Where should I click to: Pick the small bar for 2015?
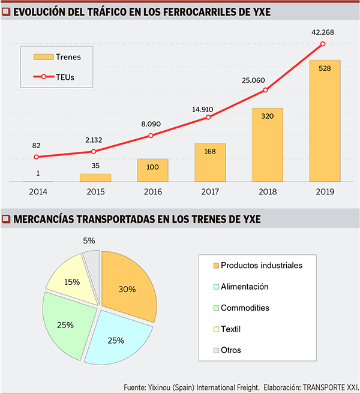pyautogui.click(x=95, y=178)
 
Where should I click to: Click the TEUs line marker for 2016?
pyautogui.click(x=151, y=136)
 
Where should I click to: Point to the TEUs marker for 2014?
pyautogui.click(x=37, y=157)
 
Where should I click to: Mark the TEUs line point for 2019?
pyautogui.click(x=323, y=44)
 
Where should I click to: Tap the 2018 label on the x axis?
pyautogui.click(x=267, y=191)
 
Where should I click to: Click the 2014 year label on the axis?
pyautogui.click(x=37, y=191)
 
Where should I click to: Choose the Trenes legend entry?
pyautogui.click(x=57, y=57)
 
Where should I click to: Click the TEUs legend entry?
pyautogui.click(x=57, y=77)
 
